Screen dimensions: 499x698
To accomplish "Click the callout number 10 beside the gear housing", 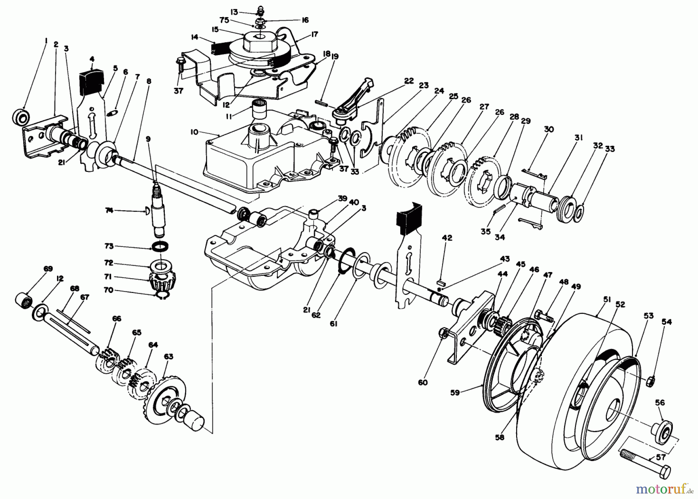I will pyautogui.click(x=194, y=132).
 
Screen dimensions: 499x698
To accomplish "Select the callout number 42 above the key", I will pyautogui.click(x=447, y=238).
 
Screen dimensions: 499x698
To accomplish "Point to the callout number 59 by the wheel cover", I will pyautogui.click(x=454, y=392).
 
